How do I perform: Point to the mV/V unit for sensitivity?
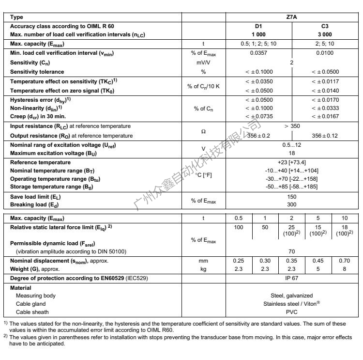[203, 63]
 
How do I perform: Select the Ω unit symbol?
[203, 131]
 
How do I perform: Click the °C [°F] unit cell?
[203, 175]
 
